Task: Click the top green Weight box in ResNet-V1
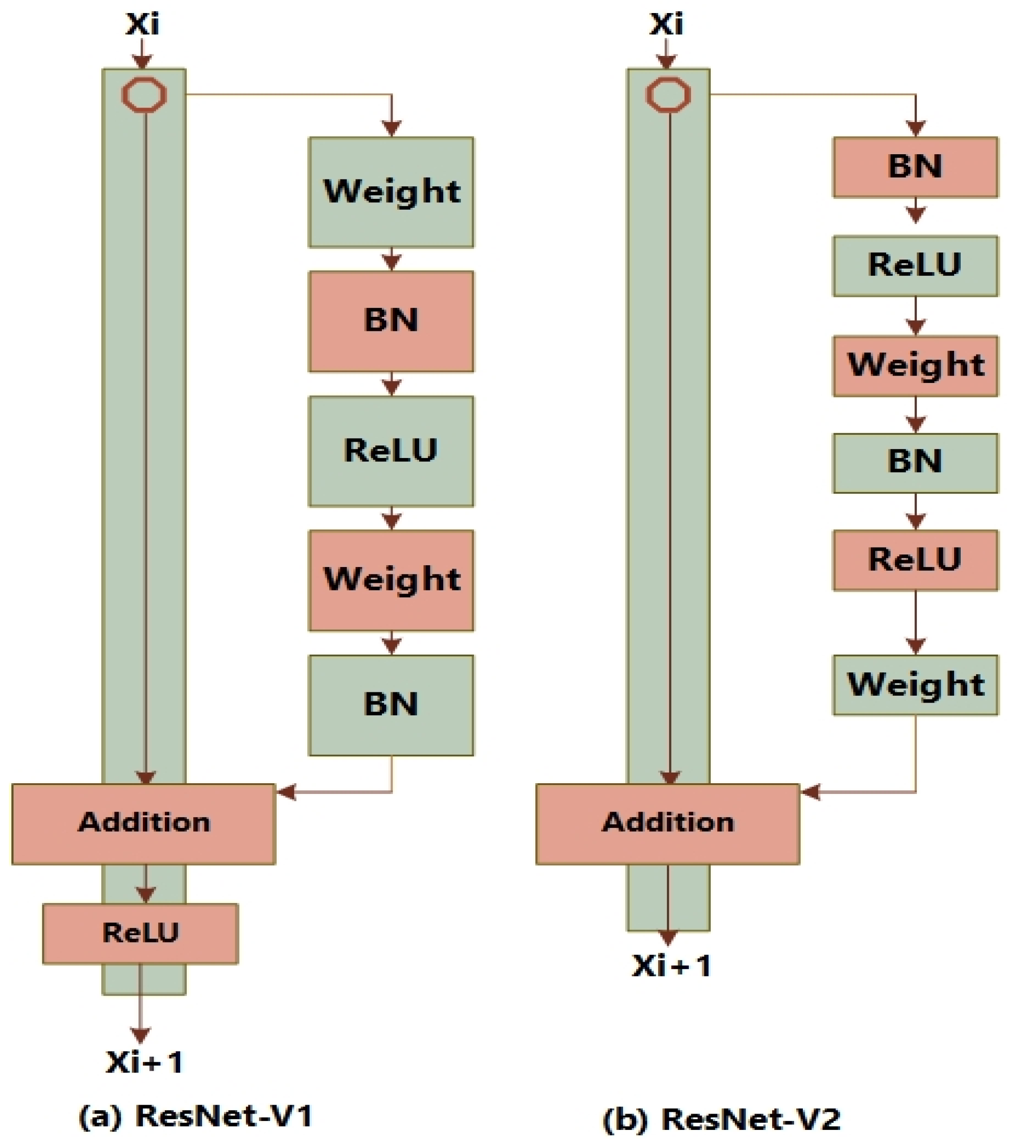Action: pyautogui.click(x=391, y=192)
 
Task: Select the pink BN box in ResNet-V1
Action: pyautogui.click(x=391, y=321)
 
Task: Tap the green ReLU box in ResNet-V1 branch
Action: pyautogui.click(x=391, y=451)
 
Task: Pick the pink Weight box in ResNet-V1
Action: pyautogui.click(x=391, y=580)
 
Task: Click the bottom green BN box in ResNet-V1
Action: pyautogui.click(x=391, y=705)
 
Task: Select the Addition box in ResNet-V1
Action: pyautogui.click(x=143, y=824)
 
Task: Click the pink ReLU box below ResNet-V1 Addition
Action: pyautogui.click(x=140, y=934)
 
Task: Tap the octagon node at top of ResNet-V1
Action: pyautogui.click(x=144, y=95)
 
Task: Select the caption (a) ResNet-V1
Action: pyautogui.click(x=196, y=1116)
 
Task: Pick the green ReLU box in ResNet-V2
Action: pyautogui.click(x=915, y=266)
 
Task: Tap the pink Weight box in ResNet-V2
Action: pyautogui.click(x=915, y=366)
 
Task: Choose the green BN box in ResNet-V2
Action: pyautogui.click(x=915, y=463)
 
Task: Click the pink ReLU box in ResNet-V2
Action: pyautogui.click(x=915, y=560)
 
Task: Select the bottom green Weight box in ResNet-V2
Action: pyautogui.click(x=915, y=685)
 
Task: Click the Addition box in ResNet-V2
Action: pyautogui.click(x=667, y=824)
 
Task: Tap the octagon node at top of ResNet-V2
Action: pyautogui.click(x=668, y=95)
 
